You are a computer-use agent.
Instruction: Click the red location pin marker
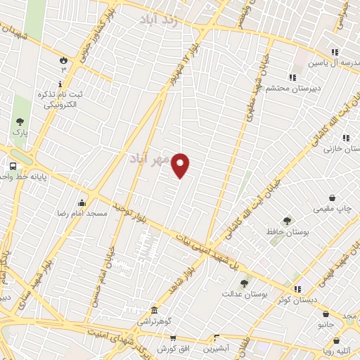click(x=181, y=165)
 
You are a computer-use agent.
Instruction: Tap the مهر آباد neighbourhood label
click(x=150, y=160)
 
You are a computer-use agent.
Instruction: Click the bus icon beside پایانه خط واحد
click(x=13, y=167)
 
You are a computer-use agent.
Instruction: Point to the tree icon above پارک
click(x=18, y=122)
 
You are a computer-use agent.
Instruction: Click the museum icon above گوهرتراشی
click(x=154, y=310)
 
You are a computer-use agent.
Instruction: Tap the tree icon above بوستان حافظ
click(x=286, y=221)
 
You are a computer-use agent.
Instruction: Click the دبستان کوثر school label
click(x=297, y=299)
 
